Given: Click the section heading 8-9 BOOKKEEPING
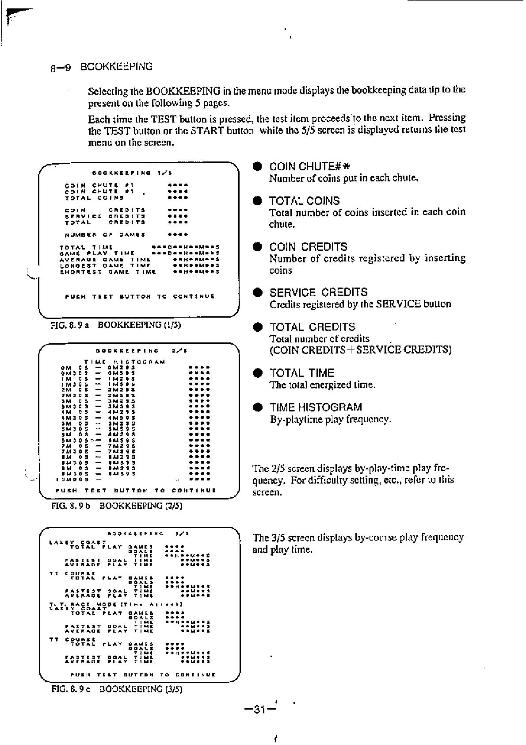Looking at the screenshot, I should click(101, 67).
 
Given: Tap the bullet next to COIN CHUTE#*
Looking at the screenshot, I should click(257, 166).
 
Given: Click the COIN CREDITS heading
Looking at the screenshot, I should click(309, 247).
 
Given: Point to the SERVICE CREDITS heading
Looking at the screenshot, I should click(318, 292).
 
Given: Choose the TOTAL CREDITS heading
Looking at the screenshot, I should click(312, 327).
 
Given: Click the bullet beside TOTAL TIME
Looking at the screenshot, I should click(257, 373).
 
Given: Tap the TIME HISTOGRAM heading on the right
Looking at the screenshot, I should click(316, 407).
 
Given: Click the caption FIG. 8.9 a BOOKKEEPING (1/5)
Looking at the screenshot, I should click(116, 325).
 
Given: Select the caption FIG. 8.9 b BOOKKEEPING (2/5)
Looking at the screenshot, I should click(117, 506).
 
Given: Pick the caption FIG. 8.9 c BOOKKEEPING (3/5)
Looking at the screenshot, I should click(117, 689).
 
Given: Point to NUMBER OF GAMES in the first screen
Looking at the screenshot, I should click(105, 234).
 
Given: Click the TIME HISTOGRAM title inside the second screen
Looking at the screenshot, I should click(125, 361).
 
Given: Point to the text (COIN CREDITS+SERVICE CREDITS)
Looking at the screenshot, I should click(361, 350).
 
